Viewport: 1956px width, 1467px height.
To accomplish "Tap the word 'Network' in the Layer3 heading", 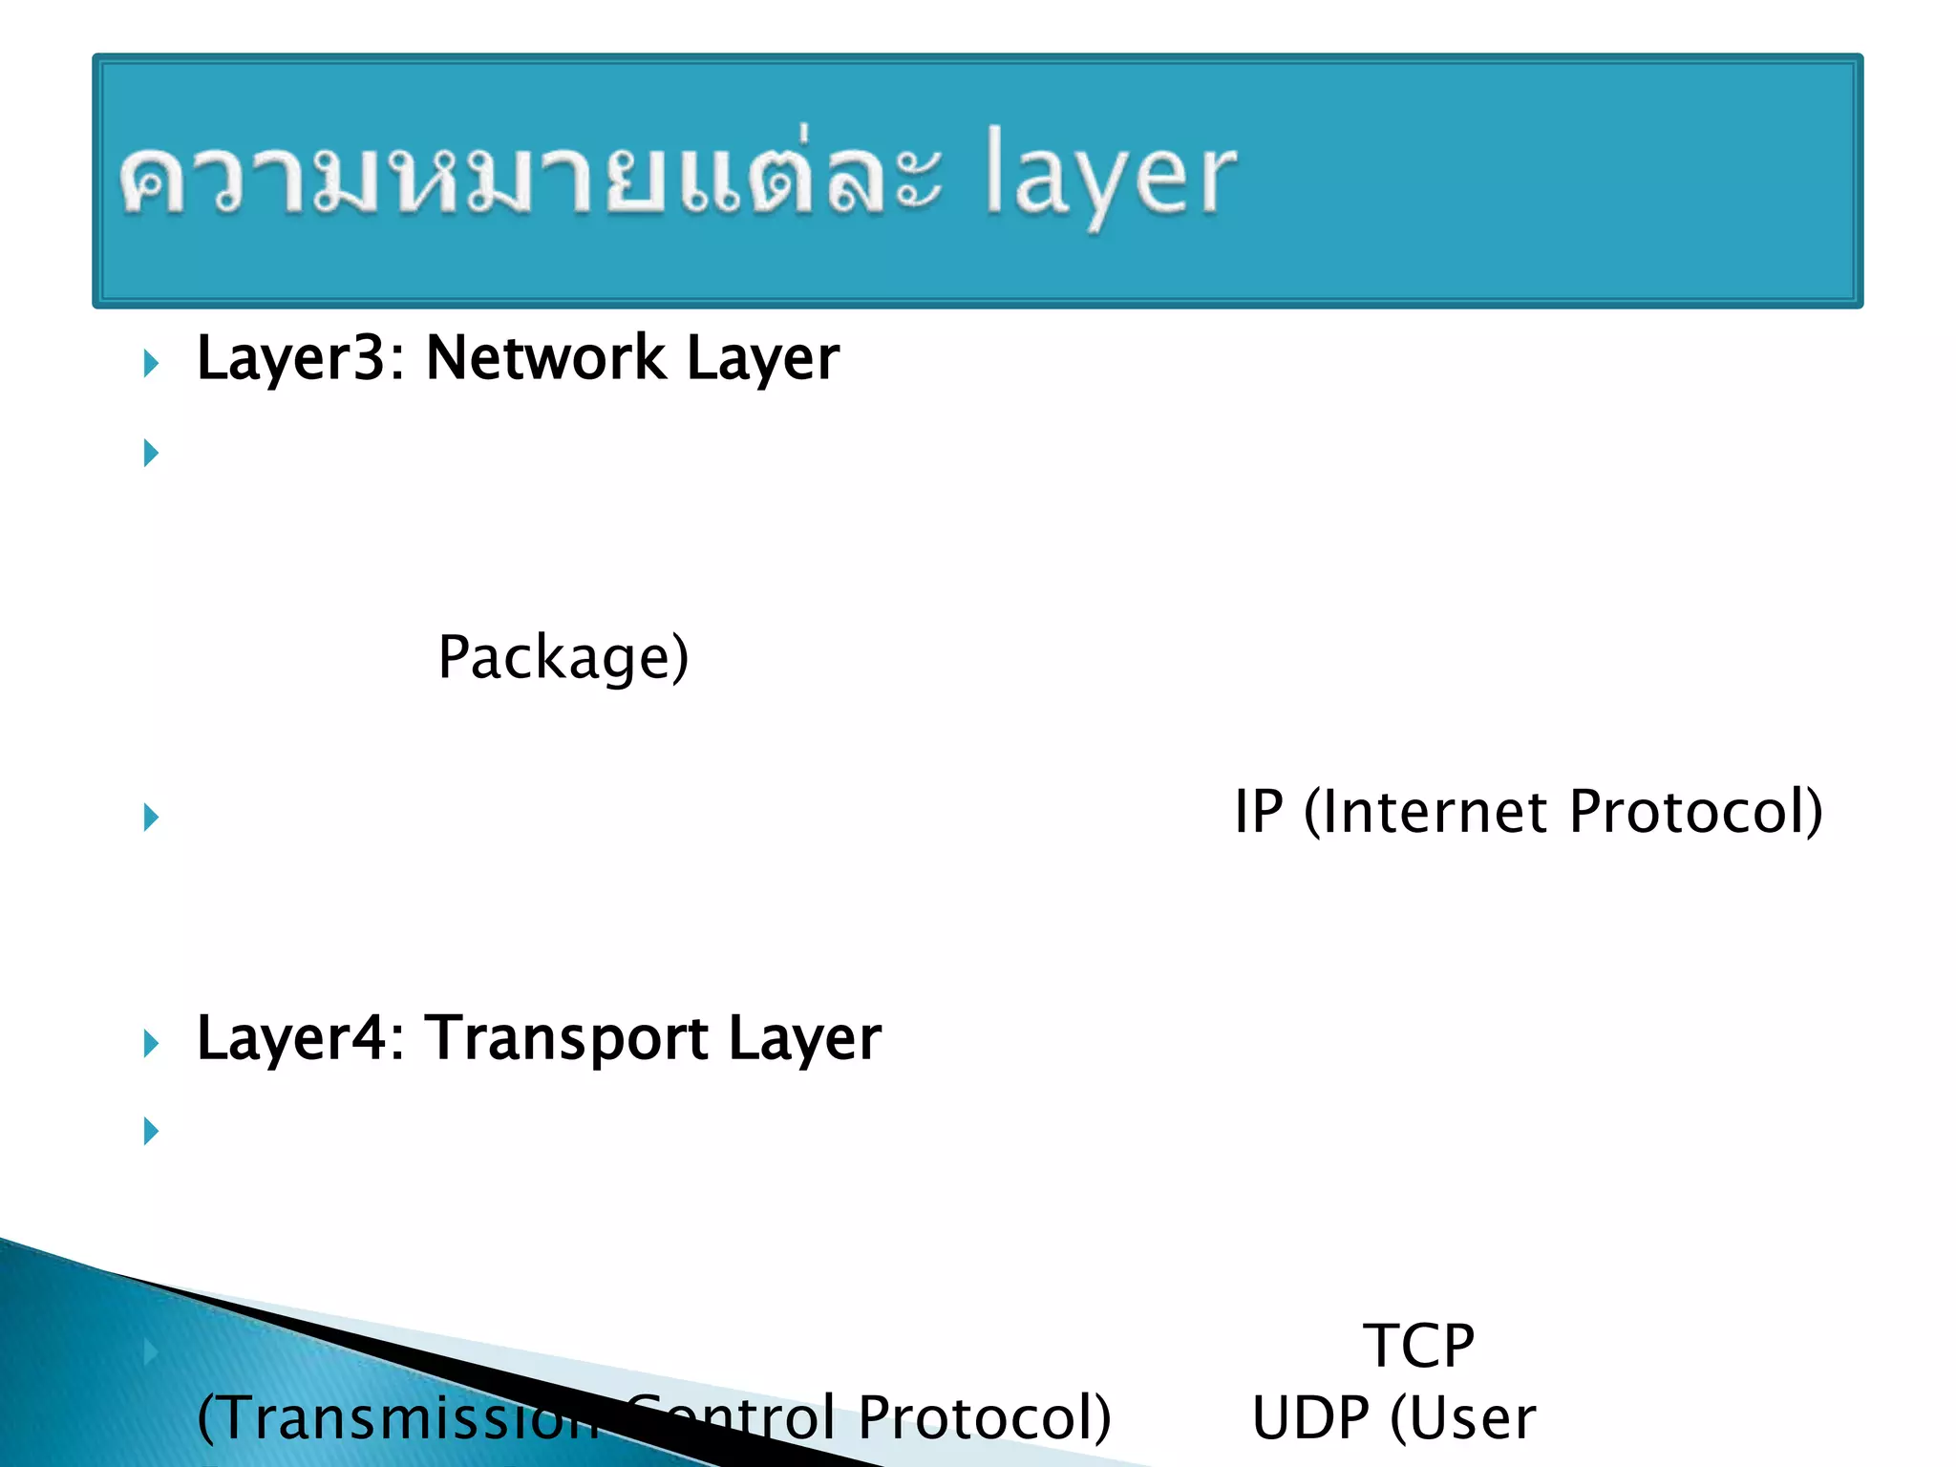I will (545, 359).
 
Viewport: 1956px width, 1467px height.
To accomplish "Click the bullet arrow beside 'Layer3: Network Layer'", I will (151, 364).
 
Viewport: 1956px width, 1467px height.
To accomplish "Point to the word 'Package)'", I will (563, 659).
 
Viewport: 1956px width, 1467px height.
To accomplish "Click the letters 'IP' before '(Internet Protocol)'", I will (1259, 813).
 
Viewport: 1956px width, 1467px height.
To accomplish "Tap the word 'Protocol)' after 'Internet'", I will (1696, 813).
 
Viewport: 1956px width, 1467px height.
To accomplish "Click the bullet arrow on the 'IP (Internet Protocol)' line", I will (151, 818).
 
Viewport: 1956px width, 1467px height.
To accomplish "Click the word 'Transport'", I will (566, 1039).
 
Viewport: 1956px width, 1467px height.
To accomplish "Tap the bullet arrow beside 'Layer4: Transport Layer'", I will (151, 1044).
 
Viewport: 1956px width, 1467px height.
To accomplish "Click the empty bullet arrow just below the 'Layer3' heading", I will (151, 453).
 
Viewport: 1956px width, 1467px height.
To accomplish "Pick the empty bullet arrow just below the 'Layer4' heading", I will (151, 1132).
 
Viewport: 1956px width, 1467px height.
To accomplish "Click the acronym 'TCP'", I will (1418, 1347).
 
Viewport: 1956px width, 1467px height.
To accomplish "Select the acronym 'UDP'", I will (1310, 1419).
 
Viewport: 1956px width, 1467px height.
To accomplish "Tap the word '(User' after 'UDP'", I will (1463, 1419).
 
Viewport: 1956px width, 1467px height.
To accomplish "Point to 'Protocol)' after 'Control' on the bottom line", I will (984, 1419).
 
